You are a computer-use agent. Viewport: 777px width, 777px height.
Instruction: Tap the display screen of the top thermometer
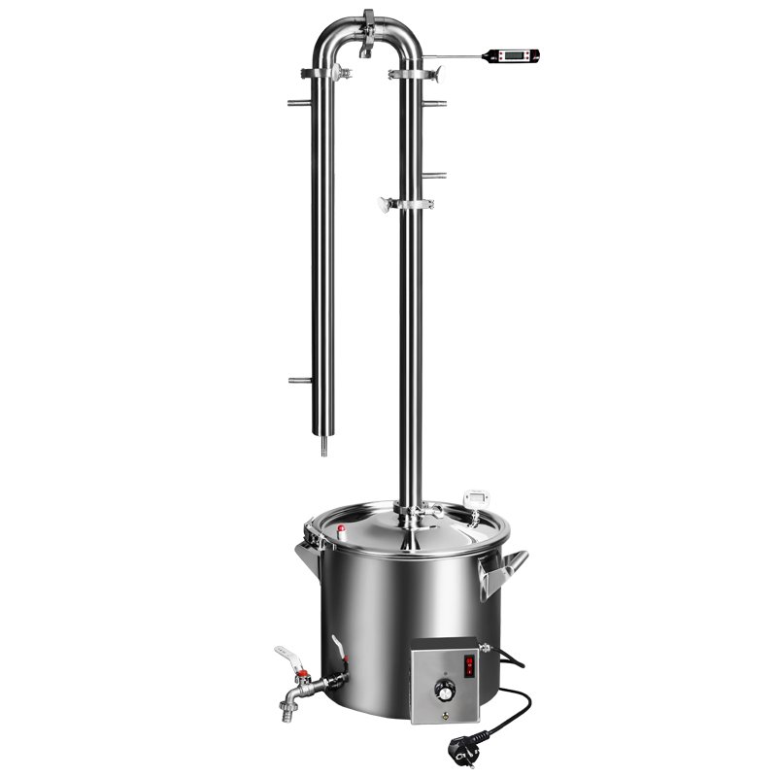[x=507, y=56]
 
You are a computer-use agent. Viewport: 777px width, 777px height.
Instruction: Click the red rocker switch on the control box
[x=469, y=665]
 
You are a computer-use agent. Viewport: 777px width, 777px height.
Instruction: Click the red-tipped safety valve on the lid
[x=341, y=529]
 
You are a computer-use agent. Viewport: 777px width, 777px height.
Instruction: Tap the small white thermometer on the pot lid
[x=476, y=497]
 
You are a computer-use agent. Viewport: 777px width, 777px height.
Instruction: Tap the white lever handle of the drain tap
[x=287, y=655]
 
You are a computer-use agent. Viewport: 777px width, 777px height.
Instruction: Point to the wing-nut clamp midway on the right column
[x=406, y=204]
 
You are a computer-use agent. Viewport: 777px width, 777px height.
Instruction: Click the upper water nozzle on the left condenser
[x=298, y=102]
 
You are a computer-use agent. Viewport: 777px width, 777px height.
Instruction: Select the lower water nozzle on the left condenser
[x=299, y=381]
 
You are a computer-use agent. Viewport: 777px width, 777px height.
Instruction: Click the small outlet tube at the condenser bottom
[x=322, y=447]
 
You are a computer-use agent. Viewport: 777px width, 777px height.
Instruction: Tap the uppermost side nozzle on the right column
[x=435, y=102]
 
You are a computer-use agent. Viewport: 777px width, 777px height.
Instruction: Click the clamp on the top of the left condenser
[x=327, y=73]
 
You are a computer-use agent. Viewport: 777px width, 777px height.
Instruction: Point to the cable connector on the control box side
[x=487, y=648]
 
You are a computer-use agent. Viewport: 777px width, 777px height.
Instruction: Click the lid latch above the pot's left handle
[x=312, y=531]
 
